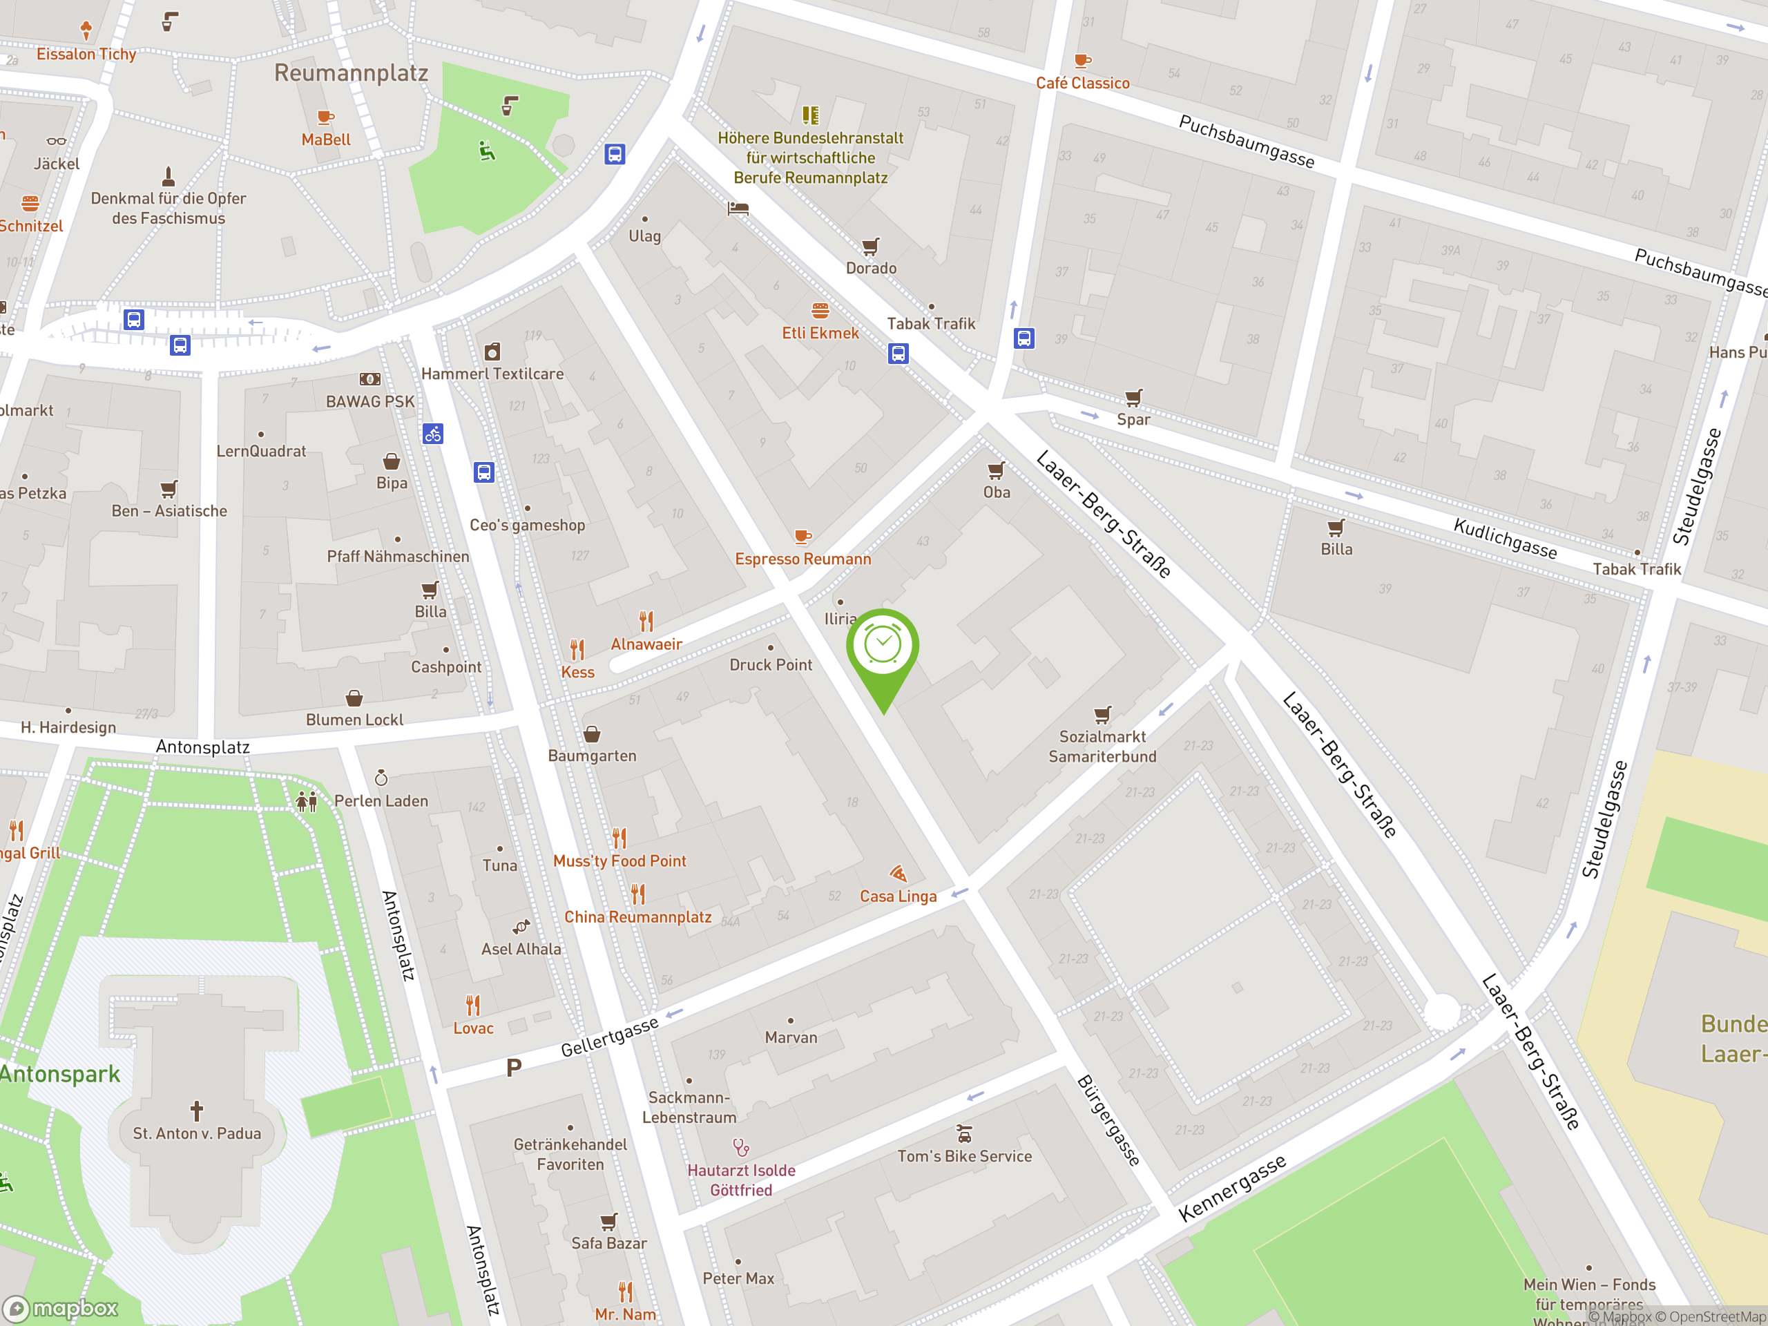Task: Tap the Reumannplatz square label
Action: pyautogui.click(x=351, y=73)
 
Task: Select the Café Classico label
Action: pyautogui.click(x=1082, y=83)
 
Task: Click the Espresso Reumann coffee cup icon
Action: pyautogui.click(x=803, y=537)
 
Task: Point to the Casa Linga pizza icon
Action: pyautogui.click(x=898, y=873)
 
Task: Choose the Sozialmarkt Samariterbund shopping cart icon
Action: pyautogui.click(x=1102, y=713)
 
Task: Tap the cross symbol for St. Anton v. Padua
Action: pyautogui.click(x=197, y=1111)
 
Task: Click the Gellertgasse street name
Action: pyautogui.click(x=609, y=1037)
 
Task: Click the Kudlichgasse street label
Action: pyautogui.click(x=1504, y=538)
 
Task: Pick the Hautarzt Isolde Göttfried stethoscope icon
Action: pyautogui.click(x=741, y=1148)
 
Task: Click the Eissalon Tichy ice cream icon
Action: pyautogui.click(x=86, y=30)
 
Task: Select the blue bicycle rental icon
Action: pyautogui.click(x=432, y=434)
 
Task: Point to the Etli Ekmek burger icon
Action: pyautogui.click(x=820, y=310)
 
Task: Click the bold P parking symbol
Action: pyautogui.click(x=514, y=1067)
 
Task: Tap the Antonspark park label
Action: pyautogui.click(x=60, y=1073)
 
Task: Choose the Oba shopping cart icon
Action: pyautogui.click(x=996, y=470)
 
